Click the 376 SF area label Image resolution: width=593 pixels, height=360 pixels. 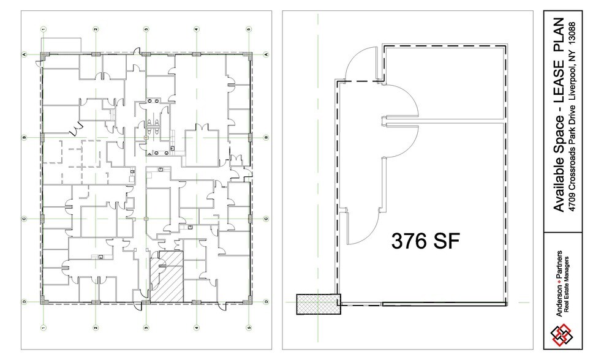pyautogui.click(x=425, y=240)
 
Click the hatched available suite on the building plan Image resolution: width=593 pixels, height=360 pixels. pyautogui.click(x=167, y=276)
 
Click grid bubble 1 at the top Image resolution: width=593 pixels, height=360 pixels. pyautogui.click(x=43, y=29)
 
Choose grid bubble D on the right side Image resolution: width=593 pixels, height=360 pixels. pyautogui.click(x=267, y=302)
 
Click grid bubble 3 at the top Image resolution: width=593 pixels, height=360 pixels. pyautogui.click(x=146, y=29)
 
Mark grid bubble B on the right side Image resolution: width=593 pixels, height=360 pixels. pyautogui.click(x=267, y=138)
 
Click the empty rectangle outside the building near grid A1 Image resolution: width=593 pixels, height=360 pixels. pyautogui.click(x=61, y=45)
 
